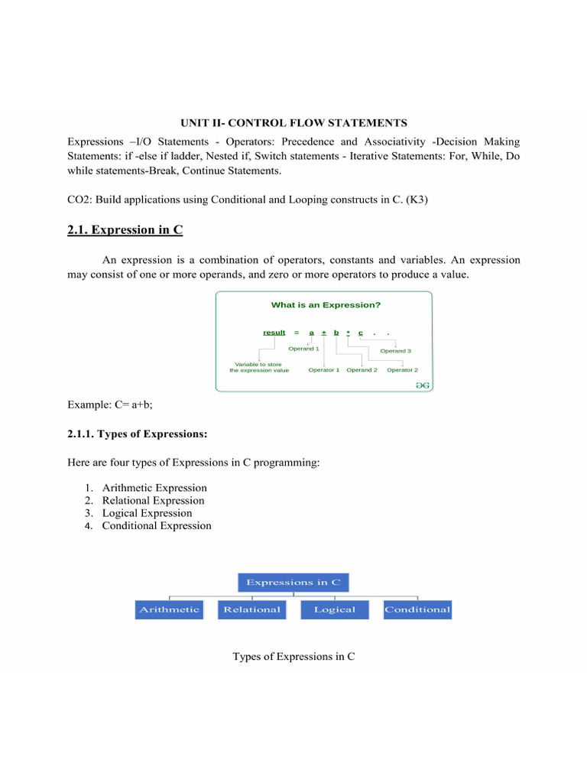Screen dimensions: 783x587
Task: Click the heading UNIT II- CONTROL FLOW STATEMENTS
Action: [293, 122]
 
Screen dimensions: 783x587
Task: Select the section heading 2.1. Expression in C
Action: [125, 229]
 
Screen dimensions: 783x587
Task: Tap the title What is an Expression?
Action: [326, 304]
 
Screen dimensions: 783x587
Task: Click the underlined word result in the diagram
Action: [274, 333]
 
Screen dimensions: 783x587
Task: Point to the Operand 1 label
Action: [303, 349]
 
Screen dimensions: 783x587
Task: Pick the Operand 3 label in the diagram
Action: [396, 351]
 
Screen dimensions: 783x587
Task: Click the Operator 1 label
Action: [324, 370]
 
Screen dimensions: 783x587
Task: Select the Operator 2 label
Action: [402, 370]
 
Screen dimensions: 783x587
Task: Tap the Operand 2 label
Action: [362, 370]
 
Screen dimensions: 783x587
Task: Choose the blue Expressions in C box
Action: [293, 582]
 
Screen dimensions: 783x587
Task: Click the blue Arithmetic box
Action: [169, 609]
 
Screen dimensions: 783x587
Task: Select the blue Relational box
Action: [252, 609]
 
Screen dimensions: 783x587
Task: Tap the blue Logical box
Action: [335, 609]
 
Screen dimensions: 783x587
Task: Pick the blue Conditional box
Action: [417, 609]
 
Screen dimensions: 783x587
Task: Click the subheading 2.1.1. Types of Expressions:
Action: [138, 434]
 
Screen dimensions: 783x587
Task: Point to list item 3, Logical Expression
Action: [147, 513]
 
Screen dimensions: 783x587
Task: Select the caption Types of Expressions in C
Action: [293, 656]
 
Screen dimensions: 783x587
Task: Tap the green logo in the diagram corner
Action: [422, 385]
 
